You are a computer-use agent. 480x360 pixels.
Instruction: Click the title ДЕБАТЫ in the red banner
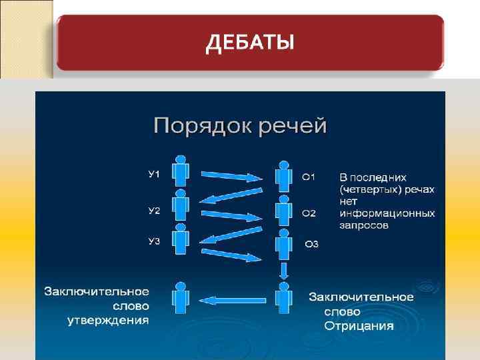click(249, 43)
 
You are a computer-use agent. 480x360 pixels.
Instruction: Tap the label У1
click(154, 174)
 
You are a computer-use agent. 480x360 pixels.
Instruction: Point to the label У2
click(154, 211)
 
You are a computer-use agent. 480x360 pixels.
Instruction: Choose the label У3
click(154, 241)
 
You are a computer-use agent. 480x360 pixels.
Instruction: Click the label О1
click(309, 177)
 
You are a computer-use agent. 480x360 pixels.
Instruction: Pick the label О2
click(309, 213)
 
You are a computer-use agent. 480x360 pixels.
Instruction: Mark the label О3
click(311, 245)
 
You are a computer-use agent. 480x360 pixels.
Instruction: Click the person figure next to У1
click(179, 171)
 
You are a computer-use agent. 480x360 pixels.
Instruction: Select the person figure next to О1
click(284, 175)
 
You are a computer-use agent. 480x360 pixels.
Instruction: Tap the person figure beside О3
click(284, 244)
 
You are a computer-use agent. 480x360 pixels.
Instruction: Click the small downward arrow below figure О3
click(284, 271)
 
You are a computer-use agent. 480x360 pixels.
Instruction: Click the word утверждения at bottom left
click(108, 321)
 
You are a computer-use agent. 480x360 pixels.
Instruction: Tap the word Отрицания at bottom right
click(359, 326)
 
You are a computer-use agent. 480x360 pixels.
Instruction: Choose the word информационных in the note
click(387, 213)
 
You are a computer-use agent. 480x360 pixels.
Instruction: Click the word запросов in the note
click(364, 225)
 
